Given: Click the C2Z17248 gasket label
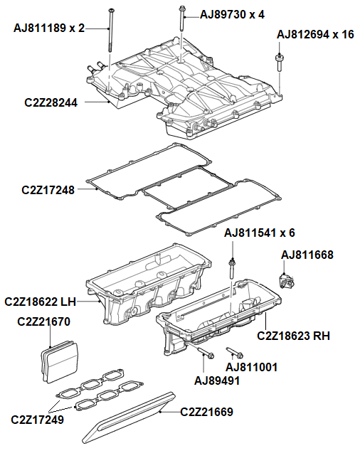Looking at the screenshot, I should click(48, 190).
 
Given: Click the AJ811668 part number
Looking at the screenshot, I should click(307, 254).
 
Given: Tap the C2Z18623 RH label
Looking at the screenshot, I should click(293, 335).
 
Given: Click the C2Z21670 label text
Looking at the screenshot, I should click(43, 321).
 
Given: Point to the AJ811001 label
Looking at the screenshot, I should click(251, 367).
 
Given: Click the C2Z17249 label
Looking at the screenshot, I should click(38, 420).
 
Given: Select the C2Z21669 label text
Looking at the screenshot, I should click(206, 411).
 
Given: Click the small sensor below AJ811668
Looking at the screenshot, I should click(289, 279).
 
